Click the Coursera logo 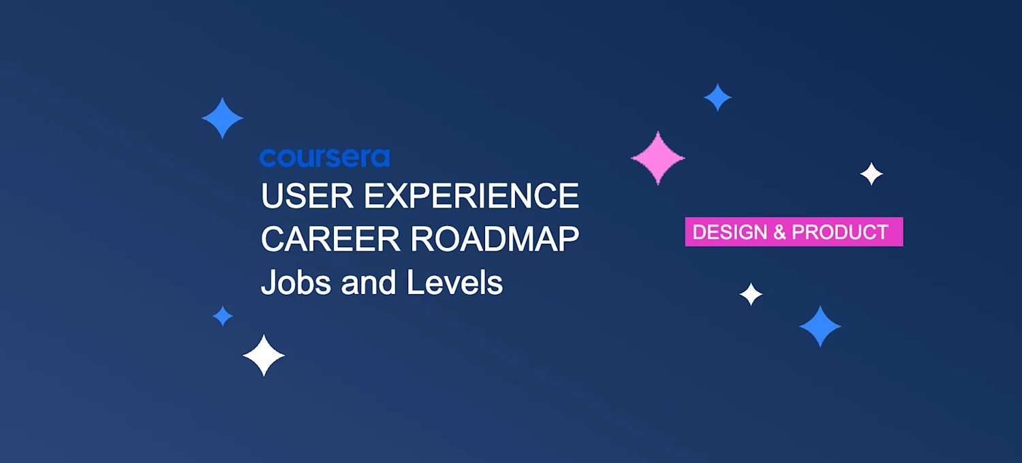click(324, 158)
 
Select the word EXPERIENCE click(471, 196)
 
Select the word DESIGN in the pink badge click(730, 232)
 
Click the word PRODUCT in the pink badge click(840, 232)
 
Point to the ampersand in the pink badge click(779, 232)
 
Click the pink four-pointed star click(657, 158)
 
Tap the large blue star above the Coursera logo click(223, 118)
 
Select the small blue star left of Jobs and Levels click(223, 316)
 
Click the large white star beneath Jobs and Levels click(264, 355)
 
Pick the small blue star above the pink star click(717, 97)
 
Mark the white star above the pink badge click(871, 174)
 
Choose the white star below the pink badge click(751, 294)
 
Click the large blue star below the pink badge click(820, 326)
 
